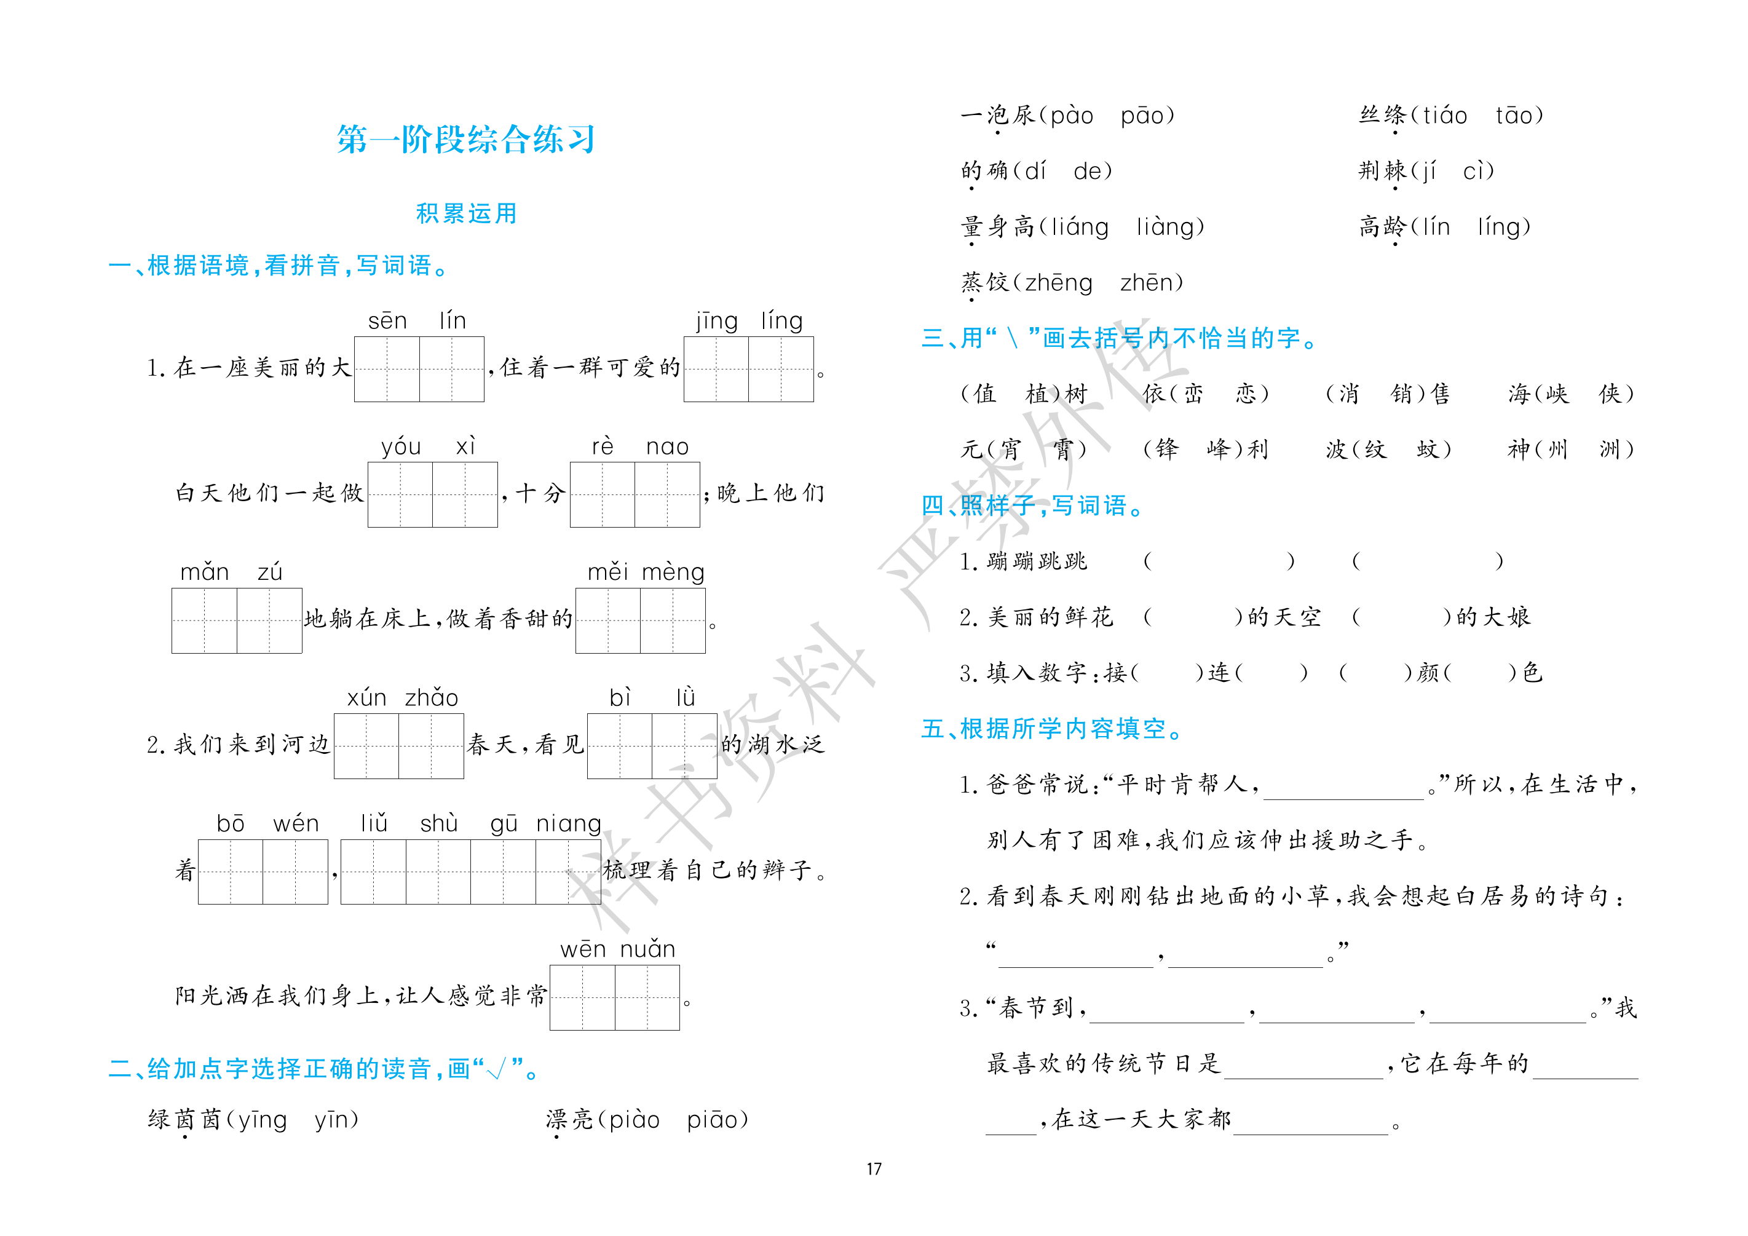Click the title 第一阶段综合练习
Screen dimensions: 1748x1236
466,140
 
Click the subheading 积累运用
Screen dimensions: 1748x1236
466,213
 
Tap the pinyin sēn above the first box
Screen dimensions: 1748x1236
387,320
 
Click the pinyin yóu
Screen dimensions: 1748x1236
401,447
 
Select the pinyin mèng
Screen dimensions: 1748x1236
673,572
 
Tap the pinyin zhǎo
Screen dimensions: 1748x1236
432,697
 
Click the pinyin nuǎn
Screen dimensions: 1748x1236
648,949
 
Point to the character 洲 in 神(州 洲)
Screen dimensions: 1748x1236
1610,450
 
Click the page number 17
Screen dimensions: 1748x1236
874,1168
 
